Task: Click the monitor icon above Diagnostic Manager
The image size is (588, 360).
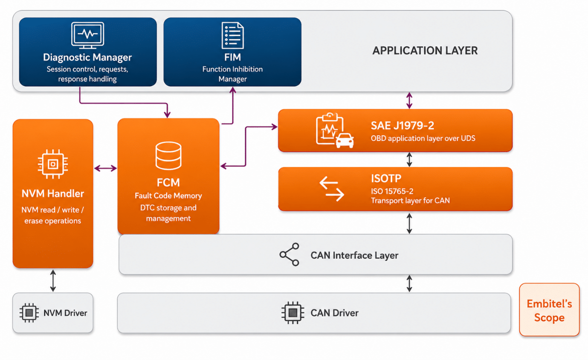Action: pyautogui.click(x=87, y=35)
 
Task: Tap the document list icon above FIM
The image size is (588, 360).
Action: pyautogui.click(x=232, y=35)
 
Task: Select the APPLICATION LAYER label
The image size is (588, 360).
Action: pyautogui.click(x=425, y=51)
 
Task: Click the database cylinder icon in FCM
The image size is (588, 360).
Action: pyautogui.click(x=168, y=156)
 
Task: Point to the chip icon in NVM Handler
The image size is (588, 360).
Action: pyautogui.click(x=53, y=164)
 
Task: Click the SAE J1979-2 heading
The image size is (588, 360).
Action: pyautogui.click(x=403, y=125)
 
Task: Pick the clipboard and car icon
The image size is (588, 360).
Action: pyautogui.click(x=335, y=131)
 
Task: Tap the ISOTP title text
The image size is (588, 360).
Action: pyautogui.click(x=386, y=179)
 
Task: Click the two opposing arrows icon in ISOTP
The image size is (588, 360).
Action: pyautogui.click(x=332, y=189)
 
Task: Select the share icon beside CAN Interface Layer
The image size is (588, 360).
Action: pyautogui.click(x=289, y=255)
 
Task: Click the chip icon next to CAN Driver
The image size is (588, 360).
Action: pyautogui.click(x=293, y=313)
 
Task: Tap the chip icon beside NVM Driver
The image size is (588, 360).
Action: pyautogui.click(x=29, y=313)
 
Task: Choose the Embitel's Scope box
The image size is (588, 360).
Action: pyautogui.click(x=550, y=310)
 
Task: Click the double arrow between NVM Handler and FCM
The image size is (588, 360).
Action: pyautogui.click(x=105, y=168)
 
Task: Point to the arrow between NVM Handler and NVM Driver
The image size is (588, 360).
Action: pyautogui.click(x=53, y=281)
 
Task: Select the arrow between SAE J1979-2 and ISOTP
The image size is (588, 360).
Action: pyautogui.click(x=409, y=160)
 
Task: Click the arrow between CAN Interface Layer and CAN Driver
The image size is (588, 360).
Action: pyautogui.click(x=409, y=284)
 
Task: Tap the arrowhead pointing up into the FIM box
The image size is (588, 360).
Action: pyautogui.click(x=233, y=90)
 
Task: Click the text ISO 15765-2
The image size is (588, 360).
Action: pyautogui.click(x=392, y=191)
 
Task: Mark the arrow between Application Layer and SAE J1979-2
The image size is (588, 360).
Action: pyautogui.click(x=409, y=100)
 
